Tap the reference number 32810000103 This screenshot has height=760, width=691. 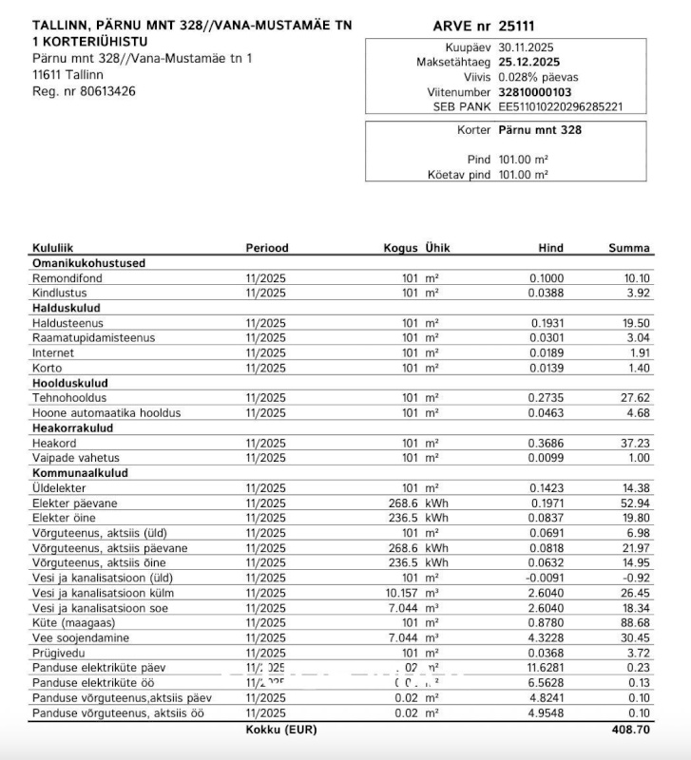[535, 92]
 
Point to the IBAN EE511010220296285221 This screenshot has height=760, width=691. [561, 107]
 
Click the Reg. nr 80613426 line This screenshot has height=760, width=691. [84, 91]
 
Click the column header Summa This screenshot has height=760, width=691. [629, 248]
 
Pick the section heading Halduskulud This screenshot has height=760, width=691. [67, 308]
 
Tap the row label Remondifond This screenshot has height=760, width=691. [67, 278]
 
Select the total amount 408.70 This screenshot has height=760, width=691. [630, 731]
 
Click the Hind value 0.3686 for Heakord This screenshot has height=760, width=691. [547, 443]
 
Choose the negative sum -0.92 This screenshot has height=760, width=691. [635, 578]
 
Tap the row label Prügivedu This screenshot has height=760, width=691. [59, 653]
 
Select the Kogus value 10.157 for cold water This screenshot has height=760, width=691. [399, 593]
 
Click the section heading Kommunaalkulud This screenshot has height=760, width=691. [80, 472]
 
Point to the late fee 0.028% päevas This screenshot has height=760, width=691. [538, 77]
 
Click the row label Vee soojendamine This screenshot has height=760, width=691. [80, 637]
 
